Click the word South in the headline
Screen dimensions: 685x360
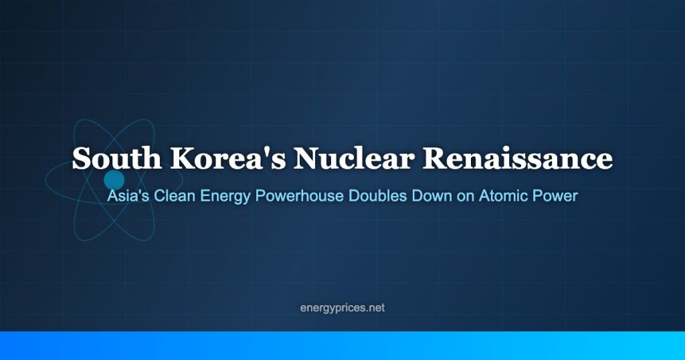click(116, 158)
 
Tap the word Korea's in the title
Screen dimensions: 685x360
click(228, 158)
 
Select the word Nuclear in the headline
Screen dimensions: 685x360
click(353, 158)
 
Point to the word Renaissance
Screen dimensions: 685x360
click(517, 158)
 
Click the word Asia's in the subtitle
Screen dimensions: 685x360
click(128, 196)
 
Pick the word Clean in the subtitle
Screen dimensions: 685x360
click(175, 196)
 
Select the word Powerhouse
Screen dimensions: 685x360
click(299, 196)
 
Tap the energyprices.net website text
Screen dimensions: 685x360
click(342, 308)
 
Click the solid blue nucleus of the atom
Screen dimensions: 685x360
click(114, 180)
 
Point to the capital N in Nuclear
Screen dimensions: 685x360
click(308, 158)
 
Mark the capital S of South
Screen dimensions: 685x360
click(81, 158)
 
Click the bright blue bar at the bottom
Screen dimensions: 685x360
click(342, 345)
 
